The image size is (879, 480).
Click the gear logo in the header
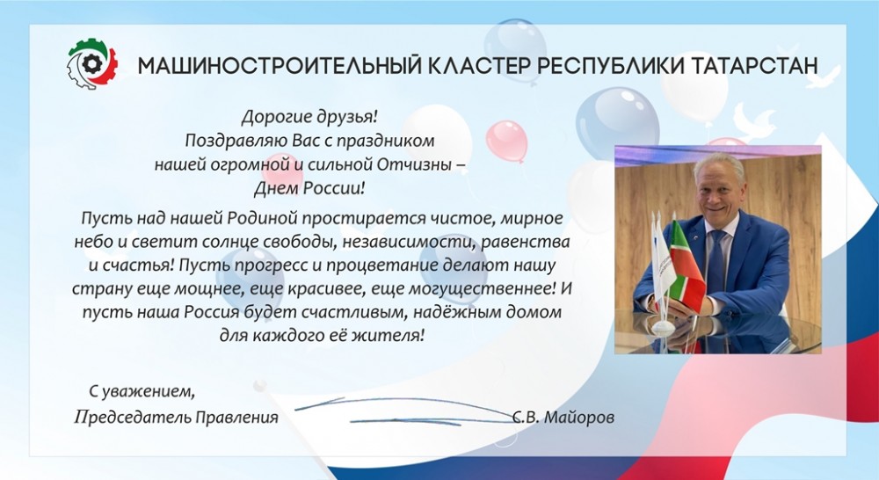(x=92, y=63)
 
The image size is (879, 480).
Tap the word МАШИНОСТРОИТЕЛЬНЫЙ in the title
(x=279, y=66)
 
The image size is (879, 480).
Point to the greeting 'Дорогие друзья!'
(x=310, y=117)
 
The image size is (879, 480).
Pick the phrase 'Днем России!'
(x=309, y=188)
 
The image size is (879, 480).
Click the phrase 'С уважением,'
(x=142, y=391)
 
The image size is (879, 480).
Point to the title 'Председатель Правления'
(x=176, y=418)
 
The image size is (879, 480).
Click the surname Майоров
(x=579, y=418)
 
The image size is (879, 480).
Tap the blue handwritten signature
(x=404, y=411)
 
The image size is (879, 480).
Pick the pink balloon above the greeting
(x=506, y=141)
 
